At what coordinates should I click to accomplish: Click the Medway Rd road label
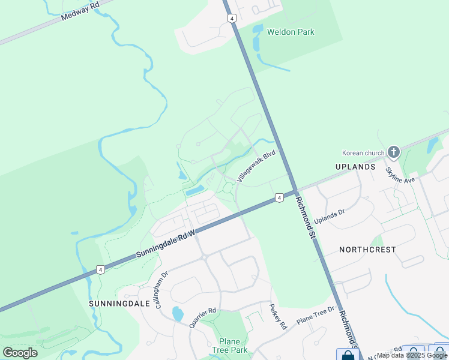(x=80, y=11)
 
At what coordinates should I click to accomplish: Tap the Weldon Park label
(x=291, y=32)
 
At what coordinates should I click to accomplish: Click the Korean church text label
(x=362, y=152)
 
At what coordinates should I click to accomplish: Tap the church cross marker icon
(x=394, y=152)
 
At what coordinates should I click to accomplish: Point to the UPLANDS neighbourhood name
(x=356, y=166)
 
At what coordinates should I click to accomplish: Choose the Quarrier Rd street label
(x=202, y=318)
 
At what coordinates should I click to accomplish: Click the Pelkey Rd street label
(x=278, y=316)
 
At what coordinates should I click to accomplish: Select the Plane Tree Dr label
(x=315, y=316)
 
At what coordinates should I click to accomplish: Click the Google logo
(x=20, y=353)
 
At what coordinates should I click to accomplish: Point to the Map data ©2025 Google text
(x=412, y=355)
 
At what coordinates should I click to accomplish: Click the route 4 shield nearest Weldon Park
(x=232, y=19)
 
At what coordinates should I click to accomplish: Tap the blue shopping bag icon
(x=348, y=355)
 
